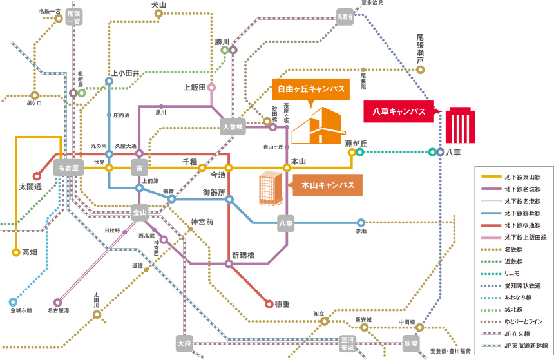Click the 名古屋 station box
66,168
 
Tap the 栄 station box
139,168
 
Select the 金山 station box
140,212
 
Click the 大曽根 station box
233,126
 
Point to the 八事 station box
286,223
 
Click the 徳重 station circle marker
269,304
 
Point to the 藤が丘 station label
356,143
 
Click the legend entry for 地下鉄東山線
514,176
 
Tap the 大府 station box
184,343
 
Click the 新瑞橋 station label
244,255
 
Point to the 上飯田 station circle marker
211,88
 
